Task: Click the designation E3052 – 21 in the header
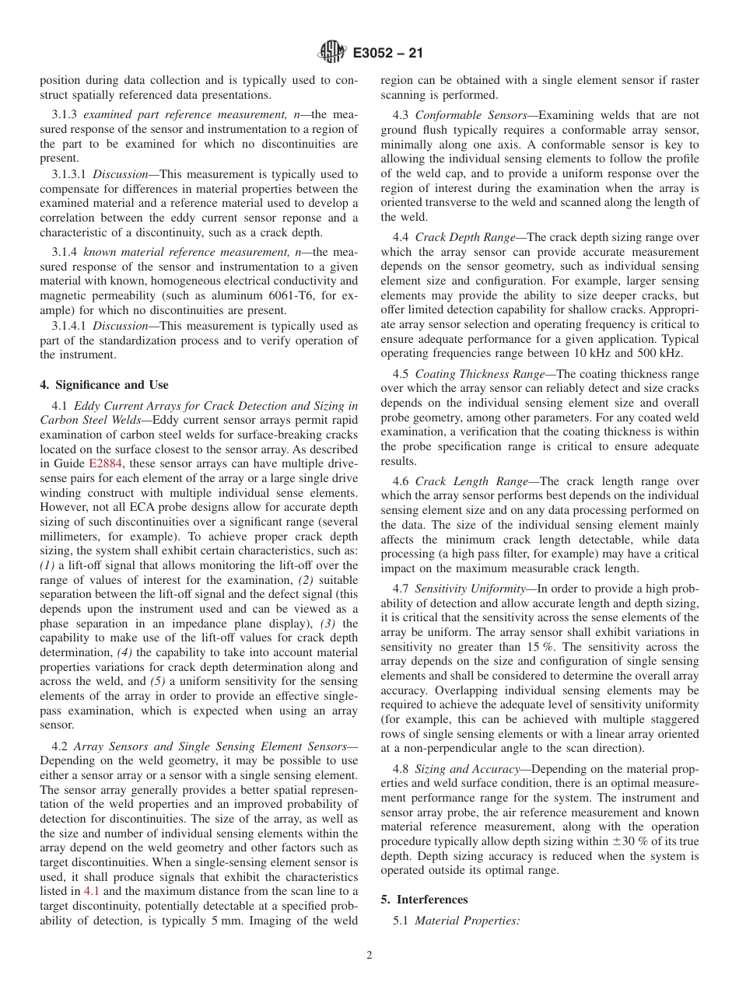(x=387, y=54)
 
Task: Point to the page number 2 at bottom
(x=369, y=956)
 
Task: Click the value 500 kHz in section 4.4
(x=658, y=353)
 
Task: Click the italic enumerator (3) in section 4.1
(x=328, y=624)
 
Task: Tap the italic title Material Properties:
(x=466, y=921)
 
